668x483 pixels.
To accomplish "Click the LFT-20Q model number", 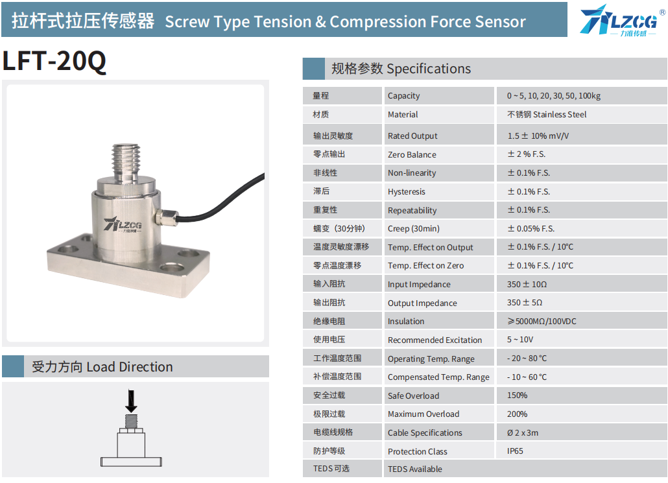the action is pos(54,61).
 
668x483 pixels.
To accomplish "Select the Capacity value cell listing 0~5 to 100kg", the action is pos(553,96).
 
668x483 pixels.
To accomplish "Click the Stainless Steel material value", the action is pos(547,115).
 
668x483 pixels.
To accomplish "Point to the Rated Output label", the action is pos(412,136).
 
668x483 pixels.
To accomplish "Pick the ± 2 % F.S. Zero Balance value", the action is pos(526,154).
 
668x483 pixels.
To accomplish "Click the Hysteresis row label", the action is pos(407,192).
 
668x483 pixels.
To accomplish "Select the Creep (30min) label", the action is pos(414,229).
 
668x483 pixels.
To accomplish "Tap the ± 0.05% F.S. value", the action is pos(531,229).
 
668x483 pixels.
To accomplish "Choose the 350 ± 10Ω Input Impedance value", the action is pos(527,284).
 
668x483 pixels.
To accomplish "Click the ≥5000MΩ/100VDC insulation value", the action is pos(542,321).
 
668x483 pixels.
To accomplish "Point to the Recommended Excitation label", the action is pos(435,340).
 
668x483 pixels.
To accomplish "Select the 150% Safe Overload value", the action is pos(517,395).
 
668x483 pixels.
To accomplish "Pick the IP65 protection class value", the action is pos(515,451).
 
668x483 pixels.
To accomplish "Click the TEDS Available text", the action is pos(415,469).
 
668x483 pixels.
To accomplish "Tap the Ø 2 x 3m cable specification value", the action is pos(523,432).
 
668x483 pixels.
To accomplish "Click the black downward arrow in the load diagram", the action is pos(131,401).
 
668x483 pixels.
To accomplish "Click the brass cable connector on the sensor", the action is pos(166,217).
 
